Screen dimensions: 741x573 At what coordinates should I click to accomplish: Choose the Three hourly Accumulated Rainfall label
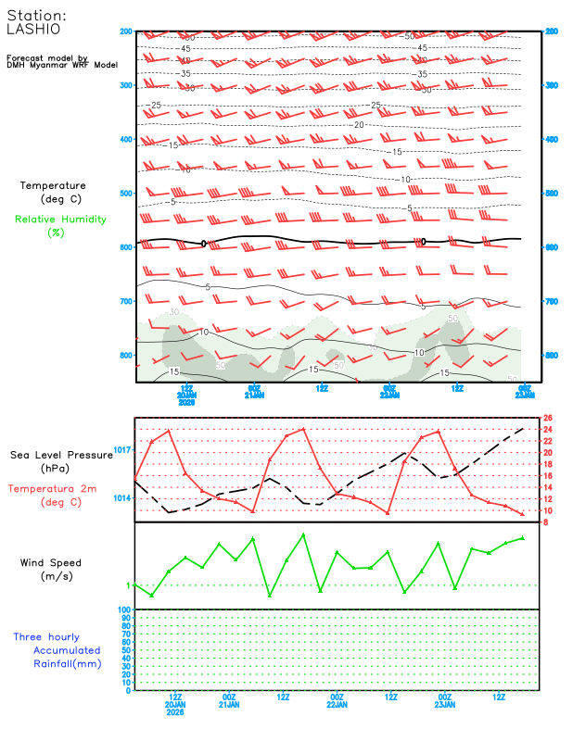(x=57, y=650)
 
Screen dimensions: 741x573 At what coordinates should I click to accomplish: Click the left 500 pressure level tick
(x=126, y=194)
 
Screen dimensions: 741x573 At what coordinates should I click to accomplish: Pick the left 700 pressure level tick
(x=126, y=302)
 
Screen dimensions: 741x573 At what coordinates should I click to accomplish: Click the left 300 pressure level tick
(x=126, y=85)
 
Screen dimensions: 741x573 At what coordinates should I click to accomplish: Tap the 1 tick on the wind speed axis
(x=129, y=585)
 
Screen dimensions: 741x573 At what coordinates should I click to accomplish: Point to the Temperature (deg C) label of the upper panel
(x=53, y=192)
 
